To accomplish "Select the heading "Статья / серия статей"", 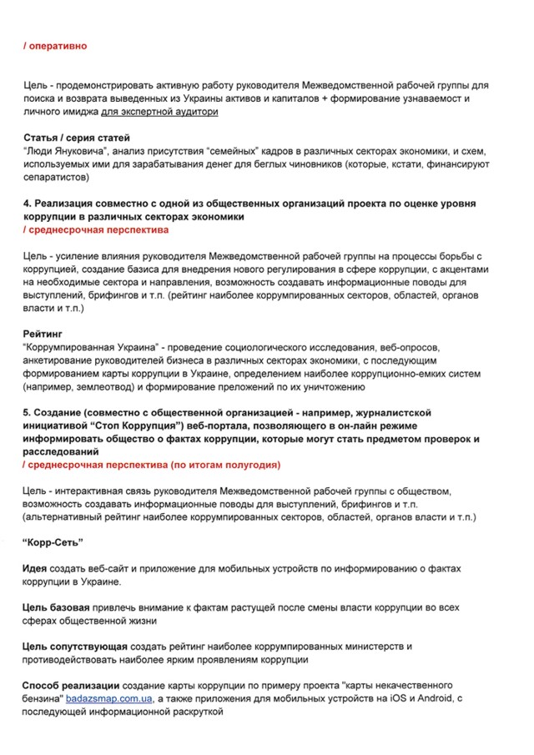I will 76,137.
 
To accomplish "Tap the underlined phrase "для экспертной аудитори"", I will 159,111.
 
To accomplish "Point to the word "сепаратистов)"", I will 56,177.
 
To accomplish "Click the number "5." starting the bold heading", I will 28,413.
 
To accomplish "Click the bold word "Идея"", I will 35,568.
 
